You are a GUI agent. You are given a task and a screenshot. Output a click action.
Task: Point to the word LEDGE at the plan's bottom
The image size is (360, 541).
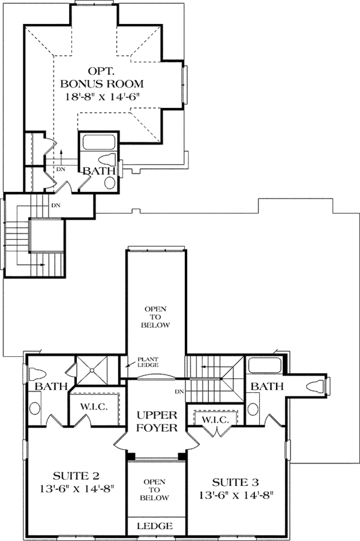pos(156,526)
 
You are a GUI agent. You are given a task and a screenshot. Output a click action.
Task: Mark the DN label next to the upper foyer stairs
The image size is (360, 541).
pos(178,392)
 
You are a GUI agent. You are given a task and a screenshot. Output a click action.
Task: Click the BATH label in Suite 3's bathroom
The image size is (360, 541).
pos(268,387)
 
